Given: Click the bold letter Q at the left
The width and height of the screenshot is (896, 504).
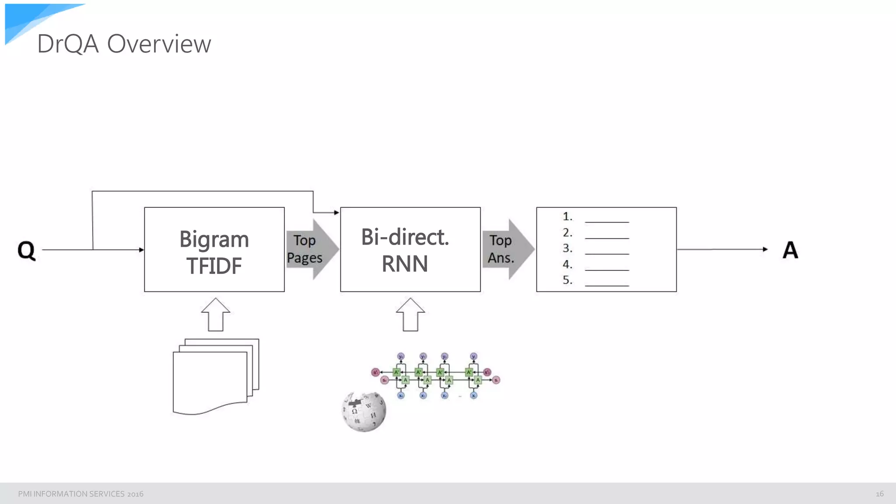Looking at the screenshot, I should (26, 250).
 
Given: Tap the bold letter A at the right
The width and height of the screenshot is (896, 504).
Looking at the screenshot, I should (790, 250).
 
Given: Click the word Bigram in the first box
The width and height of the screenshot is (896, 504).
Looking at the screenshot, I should (214, 239).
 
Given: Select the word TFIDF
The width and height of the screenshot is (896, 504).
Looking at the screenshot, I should (214, 266).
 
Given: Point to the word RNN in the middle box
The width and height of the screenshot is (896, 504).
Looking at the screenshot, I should (405, 264).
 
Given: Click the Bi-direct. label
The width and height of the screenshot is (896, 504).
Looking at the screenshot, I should (405, 237).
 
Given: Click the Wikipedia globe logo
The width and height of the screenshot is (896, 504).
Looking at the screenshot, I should (364, 411).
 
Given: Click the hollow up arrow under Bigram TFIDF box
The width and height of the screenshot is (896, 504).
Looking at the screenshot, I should (216, 315).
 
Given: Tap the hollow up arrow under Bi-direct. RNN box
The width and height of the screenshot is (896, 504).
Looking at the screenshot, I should (410, 315).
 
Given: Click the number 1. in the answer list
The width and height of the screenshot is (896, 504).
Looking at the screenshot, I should (567, 217).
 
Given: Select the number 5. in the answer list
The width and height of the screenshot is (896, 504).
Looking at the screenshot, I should (567, 280).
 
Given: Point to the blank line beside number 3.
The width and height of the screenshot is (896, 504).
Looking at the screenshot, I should (607, 253).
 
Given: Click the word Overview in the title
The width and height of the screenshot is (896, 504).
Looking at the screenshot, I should (159, 44).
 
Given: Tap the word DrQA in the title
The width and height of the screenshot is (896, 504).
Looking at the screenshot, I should (68, 44).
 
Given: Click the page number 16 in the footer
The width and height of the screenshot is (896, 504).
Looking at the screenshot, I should (879, 494).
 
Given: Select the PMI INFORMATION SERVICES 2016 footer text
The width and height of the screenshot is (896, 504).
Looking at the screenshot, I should (80, 494).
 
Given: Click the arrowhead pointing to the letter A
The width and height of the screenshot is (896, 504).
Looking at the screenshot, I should (765, 249).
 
